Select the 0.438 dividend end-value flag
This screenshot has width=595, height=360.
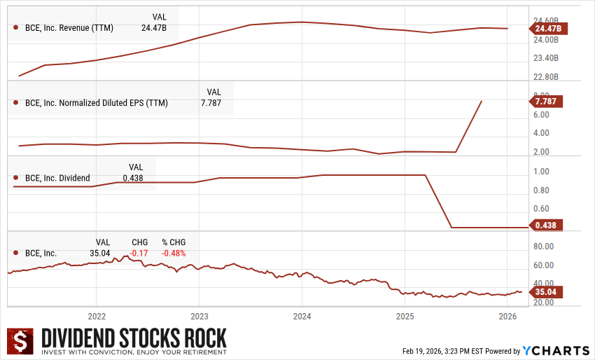click(547, 226)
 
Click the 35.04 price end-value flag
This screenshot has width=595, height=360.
click(547, 291)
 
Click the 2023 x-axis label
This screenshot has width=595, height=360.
click(199, 316)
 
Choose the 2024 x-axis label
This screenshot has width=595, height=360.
click(302, 316)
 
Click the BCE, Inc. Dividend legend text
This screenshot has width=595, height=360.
click(57, 178)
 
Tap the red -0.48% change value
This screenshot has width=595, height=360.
click(174, 253)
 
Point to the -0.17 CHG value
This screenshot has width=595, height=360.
click(139, 253)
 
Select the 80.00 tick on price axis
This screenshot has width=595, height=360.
click(543, 247)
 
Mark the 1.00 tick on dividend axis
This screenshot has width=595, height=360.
click(541, 172)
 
